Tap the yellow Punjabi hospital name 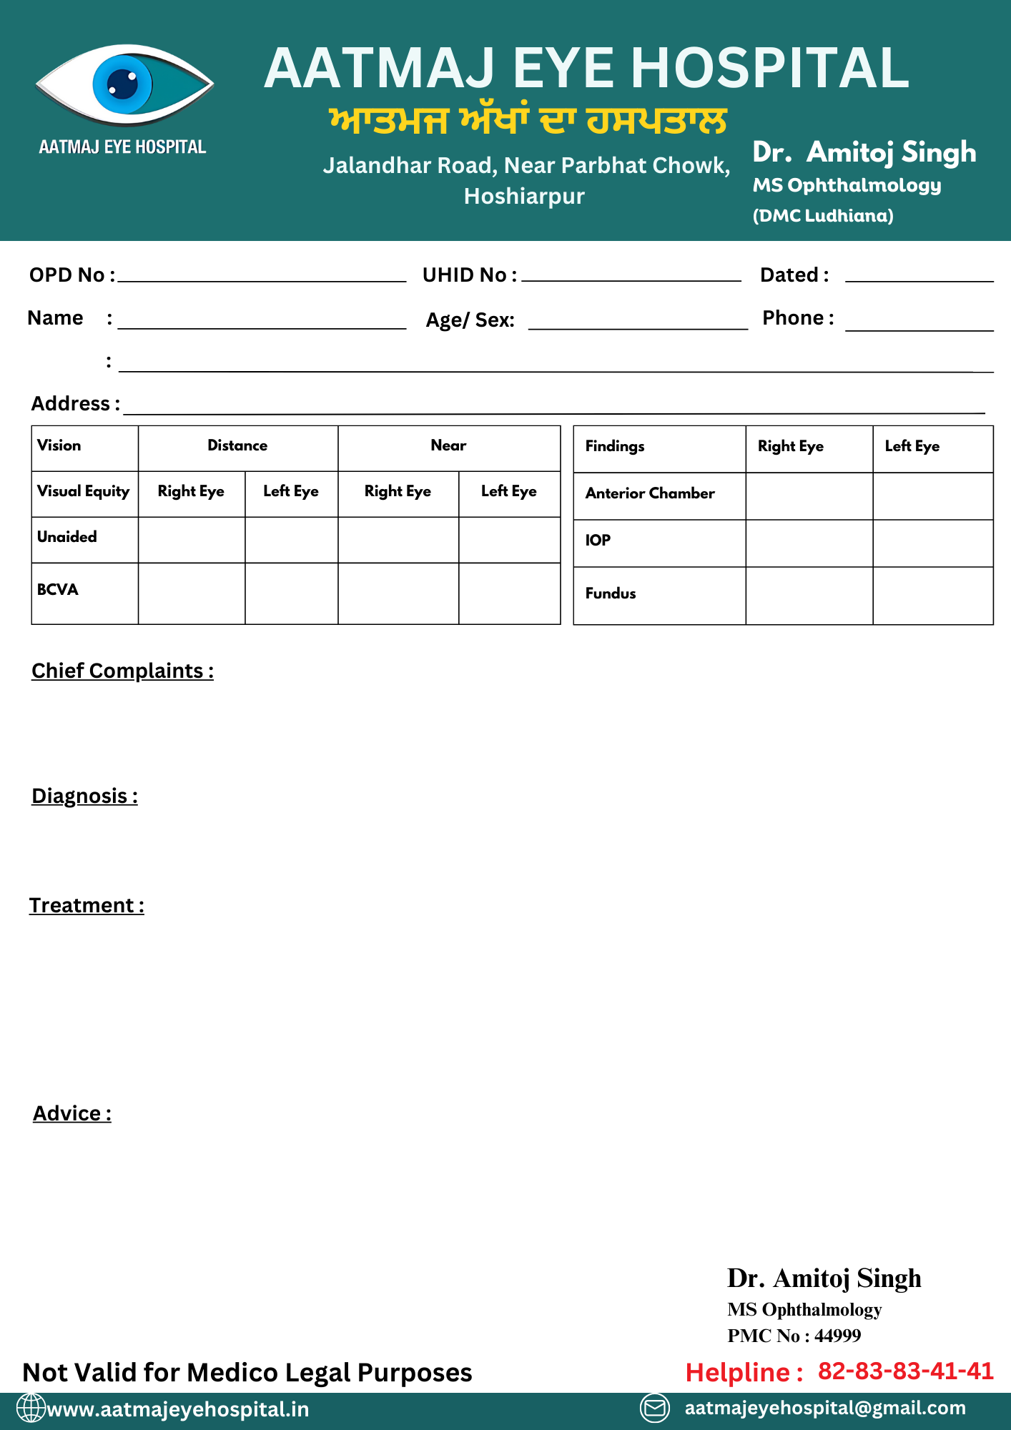[528, 121]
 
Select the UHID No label [469, 275]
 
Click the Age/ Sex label [470, 320]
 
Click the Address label [74, 404]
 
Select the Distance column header [237, 446]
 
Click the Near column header [448, 446]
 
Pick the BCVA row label [58, 590]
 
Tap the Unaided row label [67, 537]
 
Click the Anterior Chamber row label [650, 493]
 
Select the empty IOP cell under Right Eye [809, 543]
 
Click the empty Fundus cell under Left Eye [932, 596]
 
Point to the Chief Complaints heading [122, 671]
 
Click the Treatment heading [87, 906]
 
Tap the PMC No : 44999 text [794, 1336]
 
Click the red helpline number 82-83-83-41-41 [905, 1371]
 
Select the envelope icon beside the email [654, 1408]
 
